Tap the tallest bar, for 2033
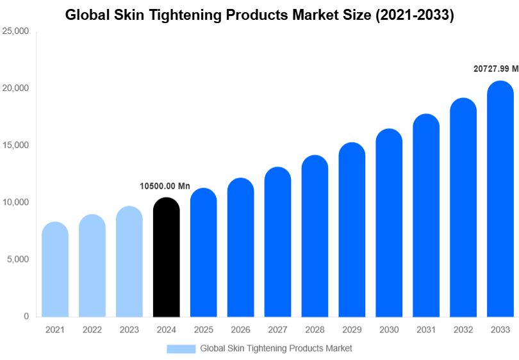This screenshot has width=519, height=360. click(500, 199)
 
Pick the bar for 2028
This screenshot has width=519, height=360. click(315, 236)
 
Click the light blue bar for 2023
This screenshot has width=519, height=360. click(129, 262)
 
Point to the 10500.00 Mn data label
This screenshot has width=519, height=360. click(165, 186)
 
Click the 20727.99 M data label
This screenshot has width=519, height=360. click(496, 69)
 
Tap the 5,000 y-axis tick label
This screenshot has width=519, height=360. click(18, 259)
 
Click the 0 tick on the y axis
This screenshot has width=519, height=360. click(26, 316)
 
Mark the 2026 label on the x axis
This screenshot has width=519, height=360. click(240, 330)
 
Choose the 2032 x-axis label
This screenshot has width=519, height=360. click(463, 330)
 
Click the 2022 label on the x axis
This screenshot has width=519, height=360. click(92, 330)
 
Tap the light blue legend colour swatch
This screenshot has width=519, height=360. click(181, 348)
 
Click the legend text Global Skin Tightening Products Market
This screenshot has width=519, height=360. click(276, 348)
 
